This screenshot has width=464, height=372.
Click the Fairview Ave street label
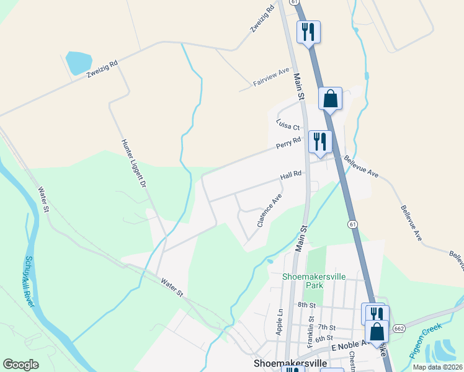[x=271, y=77]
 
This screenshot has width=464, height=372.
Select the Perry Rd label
[x=288, y=143]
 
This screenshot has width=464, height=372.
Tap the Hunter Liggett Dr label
[x=133, y=162]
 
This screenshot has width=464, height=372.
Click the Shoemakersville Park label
[x=305, y=281]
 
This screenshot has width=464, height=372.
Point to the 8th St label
[x=306, y=305]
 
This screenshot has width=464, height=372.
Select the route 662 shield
[x=399, y=327]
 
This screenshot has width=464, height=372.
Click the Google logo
[x=20, y=364]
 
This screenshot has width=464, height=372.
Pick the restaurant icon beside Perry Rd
[x=319, y=142]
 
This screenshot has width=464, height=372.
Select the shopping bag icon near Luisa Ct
[x=331, y=98]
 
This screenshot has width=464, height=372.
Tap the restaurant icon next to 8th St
[x=374, y=314]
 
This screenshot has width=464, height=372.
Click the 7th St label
[x=326, y=327]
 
